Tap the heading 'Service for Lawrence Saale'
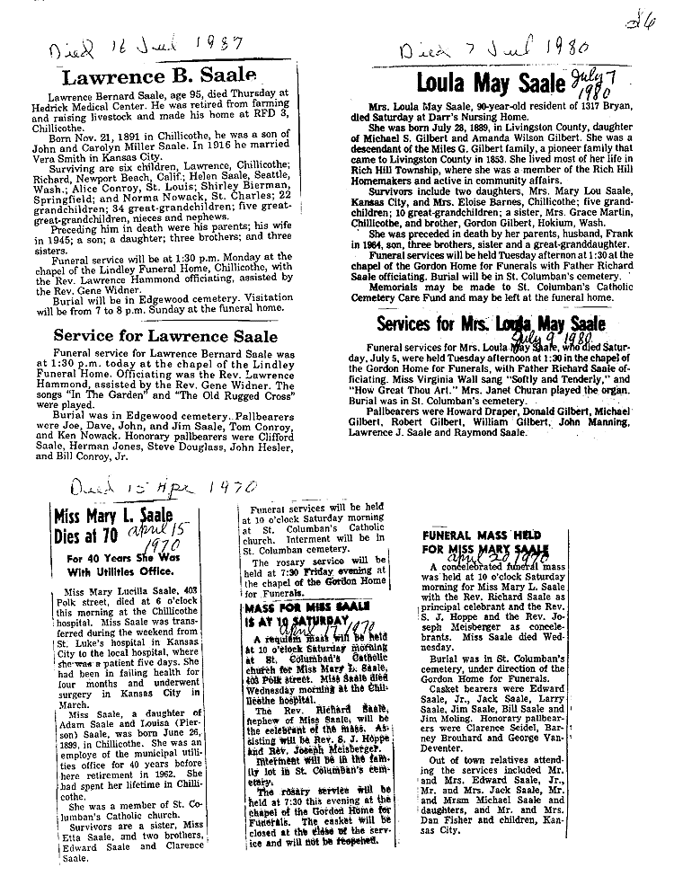165,337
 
